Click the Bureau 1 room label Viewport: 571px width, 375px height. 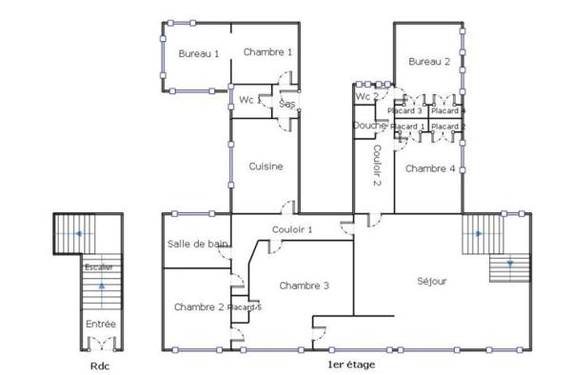pyautogui.click(x=199, y=54)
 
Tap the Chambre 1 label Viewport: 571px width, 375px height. pyautogui.click(x=267, y=52)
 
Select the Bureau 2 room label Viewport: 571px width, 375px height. pyautogui.click(x=429, y=62)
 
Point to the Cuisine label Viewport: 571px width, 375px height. pyautogui.click(x=266, y=167)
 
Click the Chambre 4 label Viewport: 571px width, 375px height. pyautogui.click(x=429, y=168)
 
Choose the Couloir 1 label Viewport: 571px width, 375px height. pyautogui.click(x=292, y=229)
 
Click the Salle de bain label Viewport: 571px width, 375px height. pyautogui.click(x=198, y=245)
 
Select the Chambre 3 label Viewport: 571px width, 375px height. pyautogui.click(x=305, y=286)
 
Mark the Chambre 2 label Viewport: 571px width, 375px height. pyautogui.click(x=199, y=306)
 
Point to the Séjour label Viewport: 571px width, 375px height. pyautogui.click(x=432, y=282)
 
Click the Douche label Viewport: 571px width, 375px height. pyautogui.click(x=369, y=126)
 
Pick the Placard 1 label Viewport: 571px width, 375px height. pyautogui.click(x=408, y=127)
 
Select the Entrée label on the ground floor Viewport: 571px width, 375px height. pyautogui.click(x=101, y=325)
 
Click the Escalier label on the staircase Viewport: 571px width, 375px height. pyautogui.click(x=98, y=267)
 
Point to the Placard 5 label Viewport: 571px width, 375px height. pyautogui.click(x=246, y=306)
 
